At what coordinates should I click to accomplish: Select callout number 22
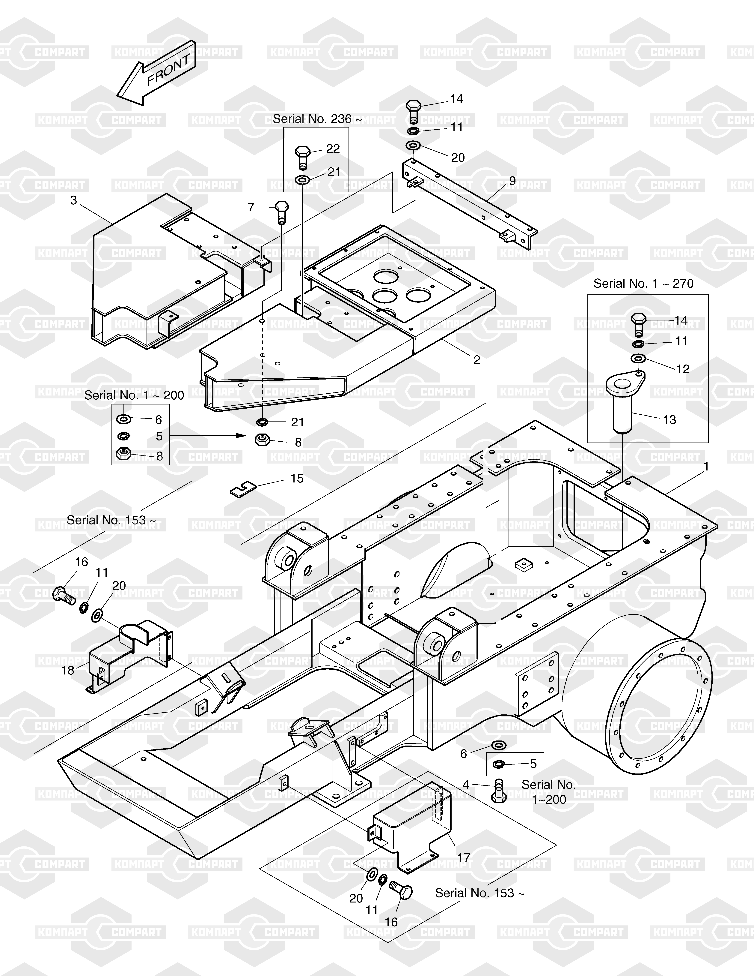coord(333,148)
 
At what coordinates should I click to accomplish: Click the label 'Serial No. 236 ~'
coord(317,119)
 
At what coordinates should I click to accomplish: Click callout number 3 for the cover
coord(74,200)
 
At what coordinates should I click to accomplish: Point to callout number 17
coord(464,857)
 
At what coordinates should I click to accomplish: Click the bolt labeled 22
coord(303,157)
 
